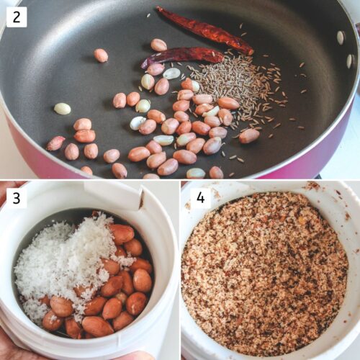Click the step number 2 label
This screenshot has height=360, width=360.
(16, 17)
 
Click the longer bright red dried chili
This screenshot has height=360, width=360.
(204, 30)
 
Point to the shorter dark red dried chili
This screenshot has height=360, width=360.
(183, 55)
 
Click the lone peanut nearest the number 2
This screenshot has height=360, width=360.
(101, 55)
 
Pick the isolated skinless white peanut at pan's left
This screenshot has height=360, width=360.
(63, 109)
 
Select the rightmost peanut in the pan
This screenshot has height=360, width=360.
(249, 135)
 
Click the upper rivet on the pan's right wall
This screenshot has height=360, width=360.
(340, 37)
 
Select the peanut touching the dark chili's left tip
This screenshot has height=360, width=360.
(155, 69)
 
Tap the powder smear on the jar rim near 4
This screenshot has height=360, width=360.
(312, 186)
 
